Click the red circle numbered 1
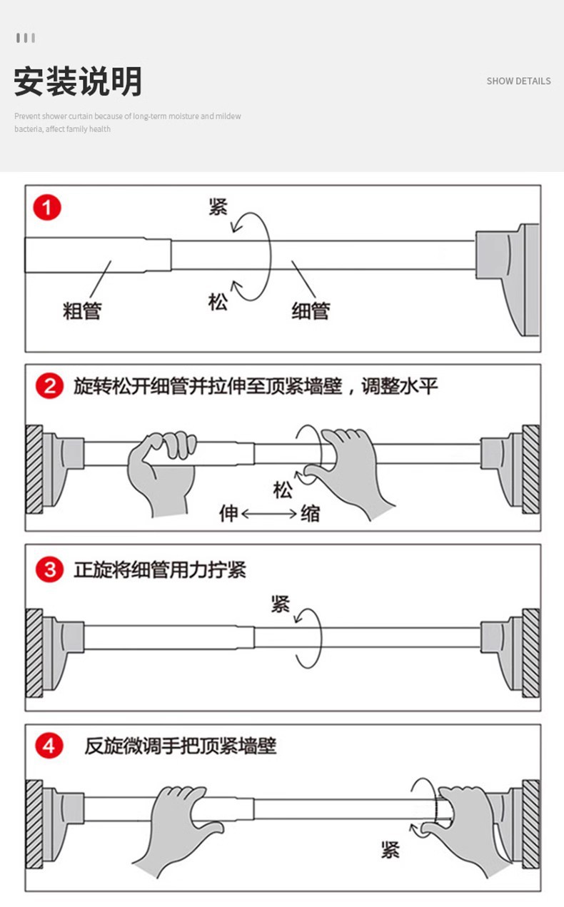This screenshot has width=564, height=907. [x=47, y=208]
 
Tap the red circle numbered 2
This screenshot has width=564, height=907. [x=49, y=386]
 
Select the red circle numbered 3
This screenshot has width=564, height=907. [x=49, y=569]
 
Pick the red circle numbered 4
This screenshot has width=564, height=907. [x=49, y=746]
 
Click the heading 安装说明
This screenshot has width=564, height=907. [x=78, y=81]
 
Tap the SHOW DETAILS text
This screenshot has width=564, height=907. [x=518, y=81]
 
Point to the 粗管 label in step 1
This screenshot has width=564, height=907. [x=82, y=310]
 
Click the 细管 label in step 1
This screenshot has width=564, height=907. [x=311, y=310]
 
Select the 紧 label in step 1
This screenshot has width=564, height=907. [x=218, y=206]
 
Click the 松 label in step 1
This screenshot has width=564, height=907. [x=218, y=302]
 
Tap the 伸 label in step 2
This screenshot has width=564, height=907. [x=228, y=513]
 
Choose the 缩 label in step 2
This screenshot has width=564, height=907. [x=311, y=513]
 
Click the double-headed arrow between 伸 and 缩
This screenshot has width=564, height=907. [x=269, y=514]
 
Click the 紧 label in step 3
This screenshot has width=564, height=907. [x=281, y=604]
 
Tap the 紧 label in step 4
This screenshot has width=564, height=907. [x=391, y=849]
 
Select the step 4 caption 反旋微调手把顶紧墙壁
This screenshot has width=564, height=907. [x=181, y=746]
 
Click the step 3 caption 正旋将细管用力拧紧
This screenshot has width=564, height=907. [x=160, y=569]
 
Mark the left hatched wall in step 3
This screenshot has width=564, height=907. [x=34, y=653]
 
